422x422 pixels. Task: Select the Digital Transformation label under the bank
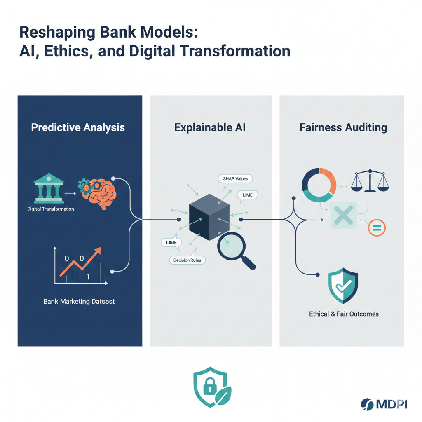[51, 209]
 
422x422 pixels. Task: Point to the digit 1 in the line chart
[88, 277]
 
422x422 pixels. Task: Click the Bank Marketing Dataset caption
[79, 301]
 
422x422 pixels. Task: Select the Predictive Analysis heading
[78, 127]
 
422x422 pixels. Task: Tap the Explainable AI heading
[210, 127]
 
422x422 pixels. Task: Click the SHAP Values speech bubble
[235, 179]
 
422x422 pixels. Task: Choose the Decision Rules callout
[188, 260]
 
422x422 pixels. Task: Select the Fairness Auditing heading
[343, 127]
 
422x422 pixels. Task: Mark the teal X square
[343, 215]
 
